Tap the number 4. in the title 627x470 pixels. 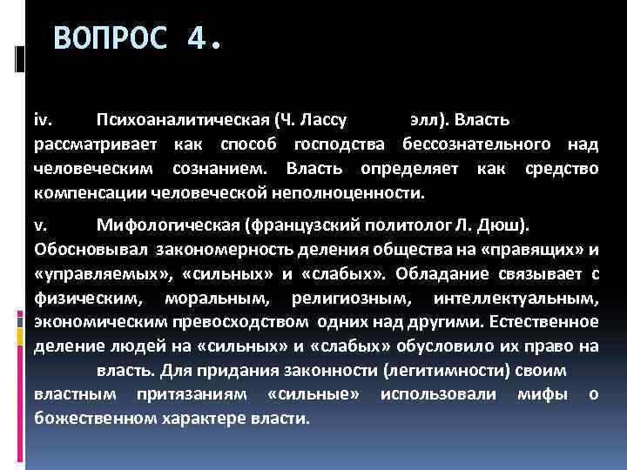pos(204,39)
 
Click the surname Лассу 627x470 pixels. pos(324,118)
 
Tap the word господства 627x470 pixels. pos(341,143)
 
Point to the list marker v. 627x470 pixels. pos(40,227)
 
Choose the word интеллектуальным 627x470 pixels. pos(527,299)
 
